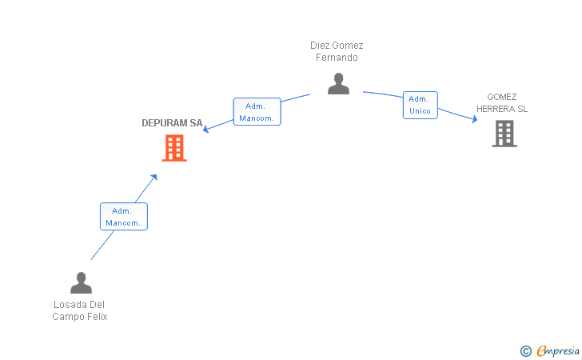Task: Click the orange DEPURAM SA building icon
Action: click(174, 148)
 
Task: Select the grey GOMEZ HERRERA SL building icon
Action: click(504, 134)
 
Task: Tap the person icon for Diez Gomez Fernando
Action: click(338, 83)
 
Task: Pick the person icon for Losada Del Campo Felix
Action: click(81, 282)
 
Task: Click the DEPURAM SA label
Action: click(172, 123)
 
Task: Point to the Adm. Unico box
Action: click(421, 105)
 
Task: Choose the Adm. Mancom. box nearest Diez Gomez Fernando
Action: click(257, 112)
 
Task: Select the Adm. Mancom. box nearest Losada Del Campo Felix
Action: click(124, 217)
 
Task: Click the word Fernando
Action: click(337, 58)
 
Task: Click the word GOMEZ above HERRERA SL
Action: click(502, 97)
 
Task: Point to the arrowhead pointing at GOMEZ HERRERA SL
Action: click(475, 119)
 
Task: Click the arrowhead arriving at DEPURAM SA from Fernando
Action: click(205, 129)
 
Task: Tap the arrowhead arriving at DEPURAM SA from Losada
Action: click(153, 178)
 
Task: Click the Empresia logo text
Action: click(558, 350)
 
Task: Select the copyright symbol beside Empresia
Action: click(525, 351)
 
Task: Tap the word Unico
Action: click(420, 110)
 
